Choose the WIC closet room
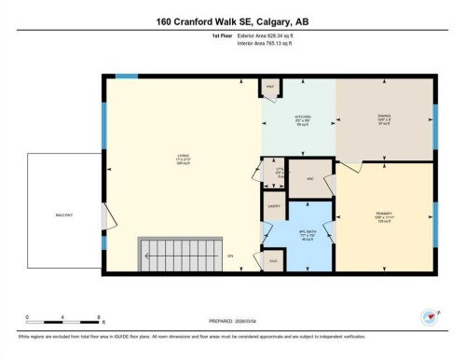point(310,177)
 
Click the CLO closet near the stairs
point(274,262)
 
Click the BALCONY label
point(63,214)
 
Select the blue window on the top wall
point(126,76)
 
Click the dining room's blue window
point(435,121)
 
